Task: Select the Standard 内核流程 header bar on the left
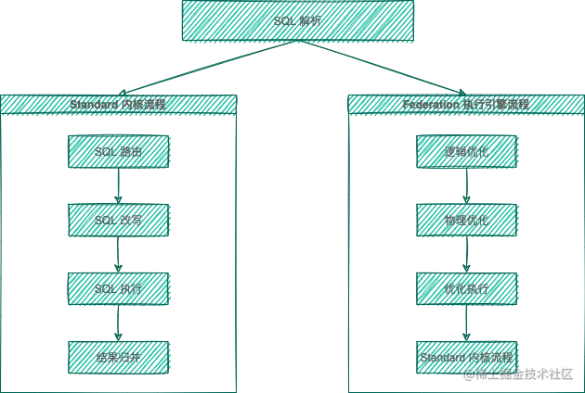coord(117,105)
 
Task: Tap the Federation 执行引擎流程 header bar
coord(466,105)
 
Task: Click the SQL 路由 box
coord(118,151)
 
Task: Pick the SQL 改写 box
coord(118,220)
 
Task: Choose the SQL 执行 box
coord(118,288)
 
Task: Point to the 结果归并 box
coord(118,356)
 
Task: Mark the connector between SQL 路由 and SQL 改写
coord(114,185)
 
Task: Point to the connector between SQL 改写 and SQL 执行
coord(114,254)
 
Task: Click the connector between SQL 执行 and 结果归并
coord(114,323)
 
